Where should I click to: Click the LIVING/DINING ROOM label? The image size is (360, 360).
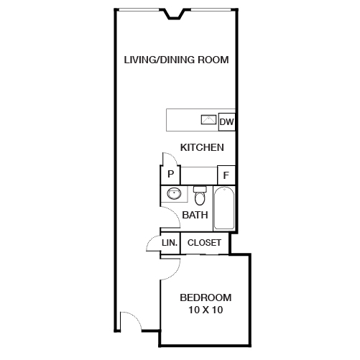[x=176, y=60]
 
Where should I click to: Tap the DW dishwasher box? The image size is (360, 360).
[x=226, y=122]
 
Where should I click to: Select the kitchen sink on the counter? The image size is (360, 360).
[x=209, y=119]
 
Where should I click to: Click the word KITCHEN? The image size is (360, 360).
[x=202, y=147]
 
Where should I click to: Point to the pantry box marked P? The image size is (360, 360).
[x=170, y=175]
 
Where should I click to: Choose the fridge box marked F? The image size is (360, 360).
[x=226, y=175]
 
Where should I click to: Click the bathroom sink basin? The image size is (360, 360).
[x=174, y=194]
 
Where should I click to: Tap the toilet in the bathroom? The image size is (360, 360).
[x=200, y=195]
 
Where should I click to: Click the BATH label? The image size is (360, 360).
[x=195, y=215]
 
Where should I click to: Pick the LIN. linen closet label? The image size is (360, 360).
[x=170, y=243]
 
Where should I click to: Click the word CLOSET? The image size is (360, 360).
[x=204, y=243]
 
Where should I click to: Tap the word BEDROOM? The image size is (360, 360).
[x=206, y=297]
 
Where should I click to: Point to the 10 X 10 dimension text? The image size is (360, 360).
[x=206, y=310]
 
